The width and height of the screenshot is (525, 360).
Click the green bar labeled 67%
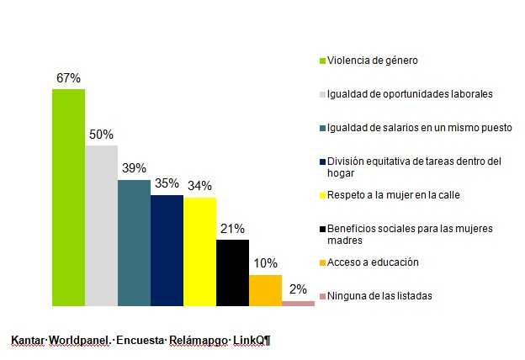[x=68, y=197]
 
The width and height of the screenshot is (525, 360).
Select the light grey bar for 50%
[x=101, y=225]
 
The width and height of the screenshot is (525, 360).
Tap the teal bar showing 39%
[x=134, y=242]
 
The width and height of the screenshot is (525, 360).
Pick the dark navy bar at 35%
[x=167, y=250]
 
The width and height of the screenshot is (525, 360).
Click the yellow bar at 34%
[x=199, y=251]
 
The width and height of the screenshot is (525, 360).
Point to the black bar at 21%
[x=232, y=273]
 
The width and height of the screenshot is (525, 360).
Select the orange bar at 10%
[x=265, y=290]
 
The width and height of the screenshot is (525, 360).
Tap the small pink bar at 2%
[x=298, y=303]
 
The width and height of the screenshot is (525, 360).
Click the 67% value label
[x=68, y=78]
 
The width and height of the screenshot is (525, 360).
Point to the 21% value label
[x=232, y=229]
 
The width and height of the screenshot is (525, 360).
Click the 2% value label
[x=298, y=289]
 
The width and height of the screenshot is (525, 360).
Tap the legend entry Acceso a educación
[x=373, y=262]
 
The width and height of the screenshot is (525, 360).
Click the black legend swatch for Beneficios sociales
[x=322, y=229]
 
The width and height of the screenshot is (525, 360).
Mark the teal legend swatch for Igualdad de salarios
[x=322, y=128]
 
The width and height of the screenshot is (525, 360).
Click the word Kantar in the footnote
[x=27, y=341]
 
